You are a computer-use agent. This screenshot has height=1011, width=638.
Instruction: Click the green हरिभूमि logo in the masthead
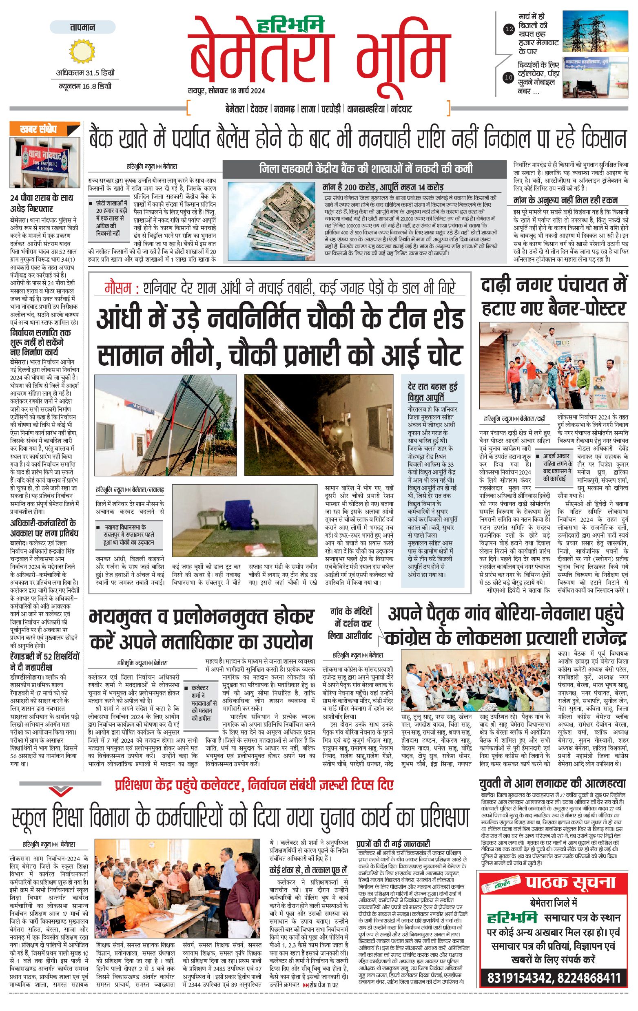(296, 25)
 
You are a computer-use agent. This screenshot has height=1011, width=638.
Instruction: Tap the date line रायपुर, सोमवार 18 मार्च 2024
(226, 91)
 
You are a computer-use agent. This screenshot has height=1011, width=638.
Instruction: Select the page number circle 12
(509, 29)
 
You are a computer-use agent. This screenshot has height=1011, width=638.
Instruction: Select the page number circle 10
(509, 77)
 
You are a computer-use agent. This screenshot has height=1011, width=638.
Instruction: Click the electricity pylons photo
(595, 32)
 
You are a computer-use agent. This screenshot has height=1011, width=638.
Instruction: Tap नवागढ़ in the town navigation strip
(284, 109)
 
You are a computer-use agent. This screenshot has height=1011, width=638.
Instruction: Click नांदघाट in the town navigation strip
(401, 109)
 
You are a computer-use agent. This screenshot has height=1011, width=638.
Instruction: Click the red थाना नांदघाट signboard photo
(45, 162)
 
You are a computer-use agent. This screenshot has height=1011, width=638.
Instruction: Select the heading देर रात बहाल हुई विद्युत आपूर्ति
(432, 391)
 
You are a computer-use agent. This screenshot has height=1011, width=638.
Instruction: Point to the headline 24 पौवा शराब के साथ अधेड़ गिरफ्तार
(42, 203)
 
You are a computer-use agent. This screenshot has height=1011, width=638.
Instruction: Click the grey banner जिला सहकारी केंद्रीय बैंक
(366, 169)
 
